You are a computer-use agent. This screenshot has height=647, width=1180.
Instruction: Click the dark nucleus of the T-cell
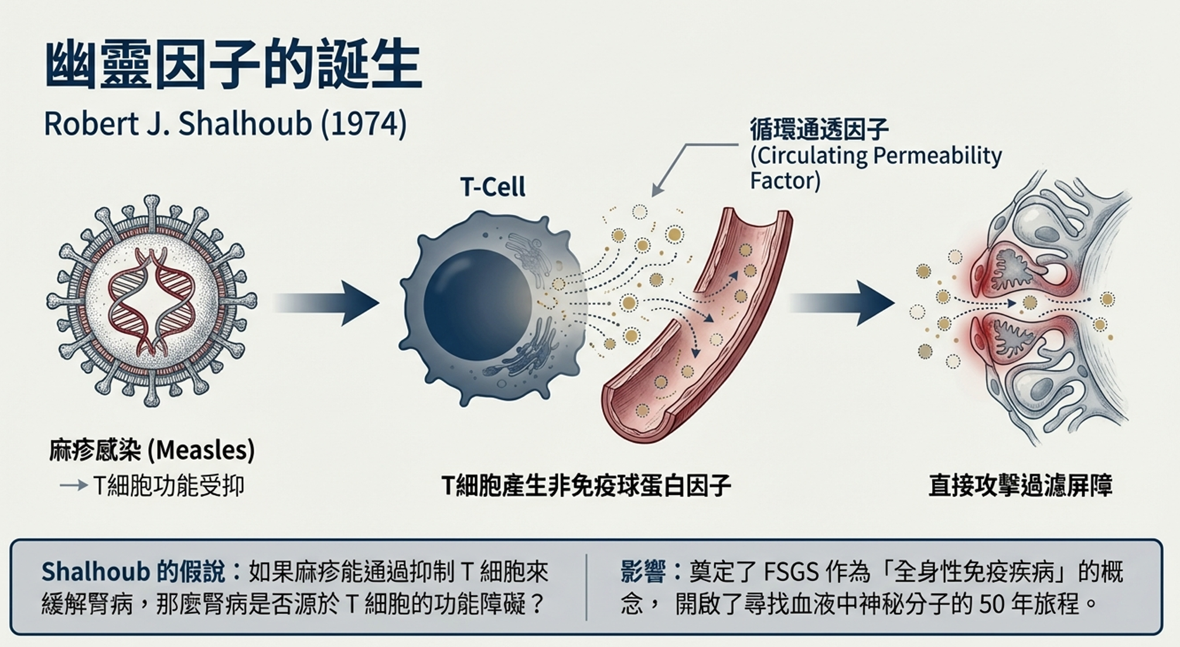point(477,304)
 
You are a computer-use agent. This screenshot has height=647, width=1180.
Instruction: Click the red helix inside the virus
point(151,302)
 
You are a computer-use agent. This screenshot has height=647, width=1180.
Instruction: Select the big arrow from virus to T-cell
point(328,303)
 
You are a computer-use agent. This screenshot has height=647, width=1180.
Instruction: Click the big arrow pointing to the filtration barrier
point(844,303)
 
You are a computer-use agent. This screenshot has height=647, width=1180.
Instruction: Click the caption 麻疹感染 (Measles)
point(152,450)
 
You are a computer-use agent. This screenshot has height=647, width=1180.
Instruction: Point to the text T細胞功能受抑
point(168,486)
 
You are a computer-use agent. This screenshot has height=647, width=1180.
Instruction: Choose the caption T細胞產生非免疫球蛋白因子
point(585,486)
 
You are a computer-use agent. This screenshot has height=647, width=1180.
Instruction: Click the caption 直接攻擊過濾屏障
point(1020,486)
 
